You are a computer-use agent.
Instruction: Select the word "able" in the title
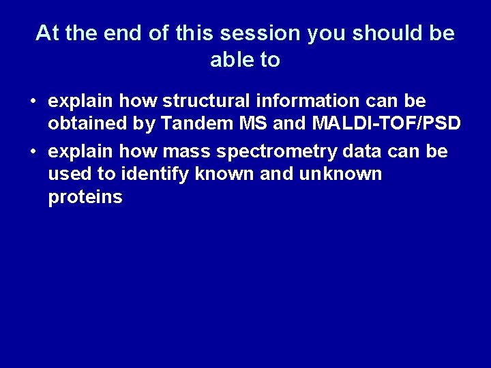(231, 60)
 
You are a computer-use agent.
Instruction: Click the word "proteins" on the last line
(85, 198)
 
